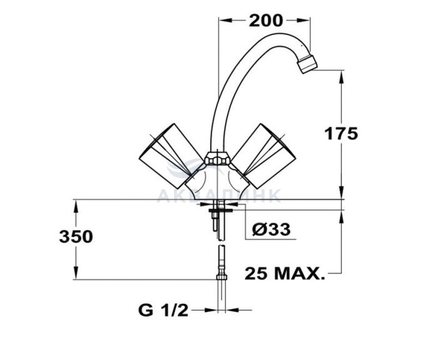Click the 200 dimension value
(x=266, y=21)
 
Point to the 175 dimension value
(x=341, y=133)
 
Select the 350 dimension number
(x=76, y=237)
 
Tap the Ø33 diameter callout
(x=271, y=229)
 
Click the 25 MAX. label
(x=285, y=274)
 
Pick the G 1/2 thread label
(x=163, y=310)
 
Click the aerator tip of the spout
(x=307, y=64)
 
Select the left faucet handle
(x=171, y=155)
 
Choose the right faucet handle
(x=263, y=155)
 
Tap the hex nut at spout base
(x=217, y=158)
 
